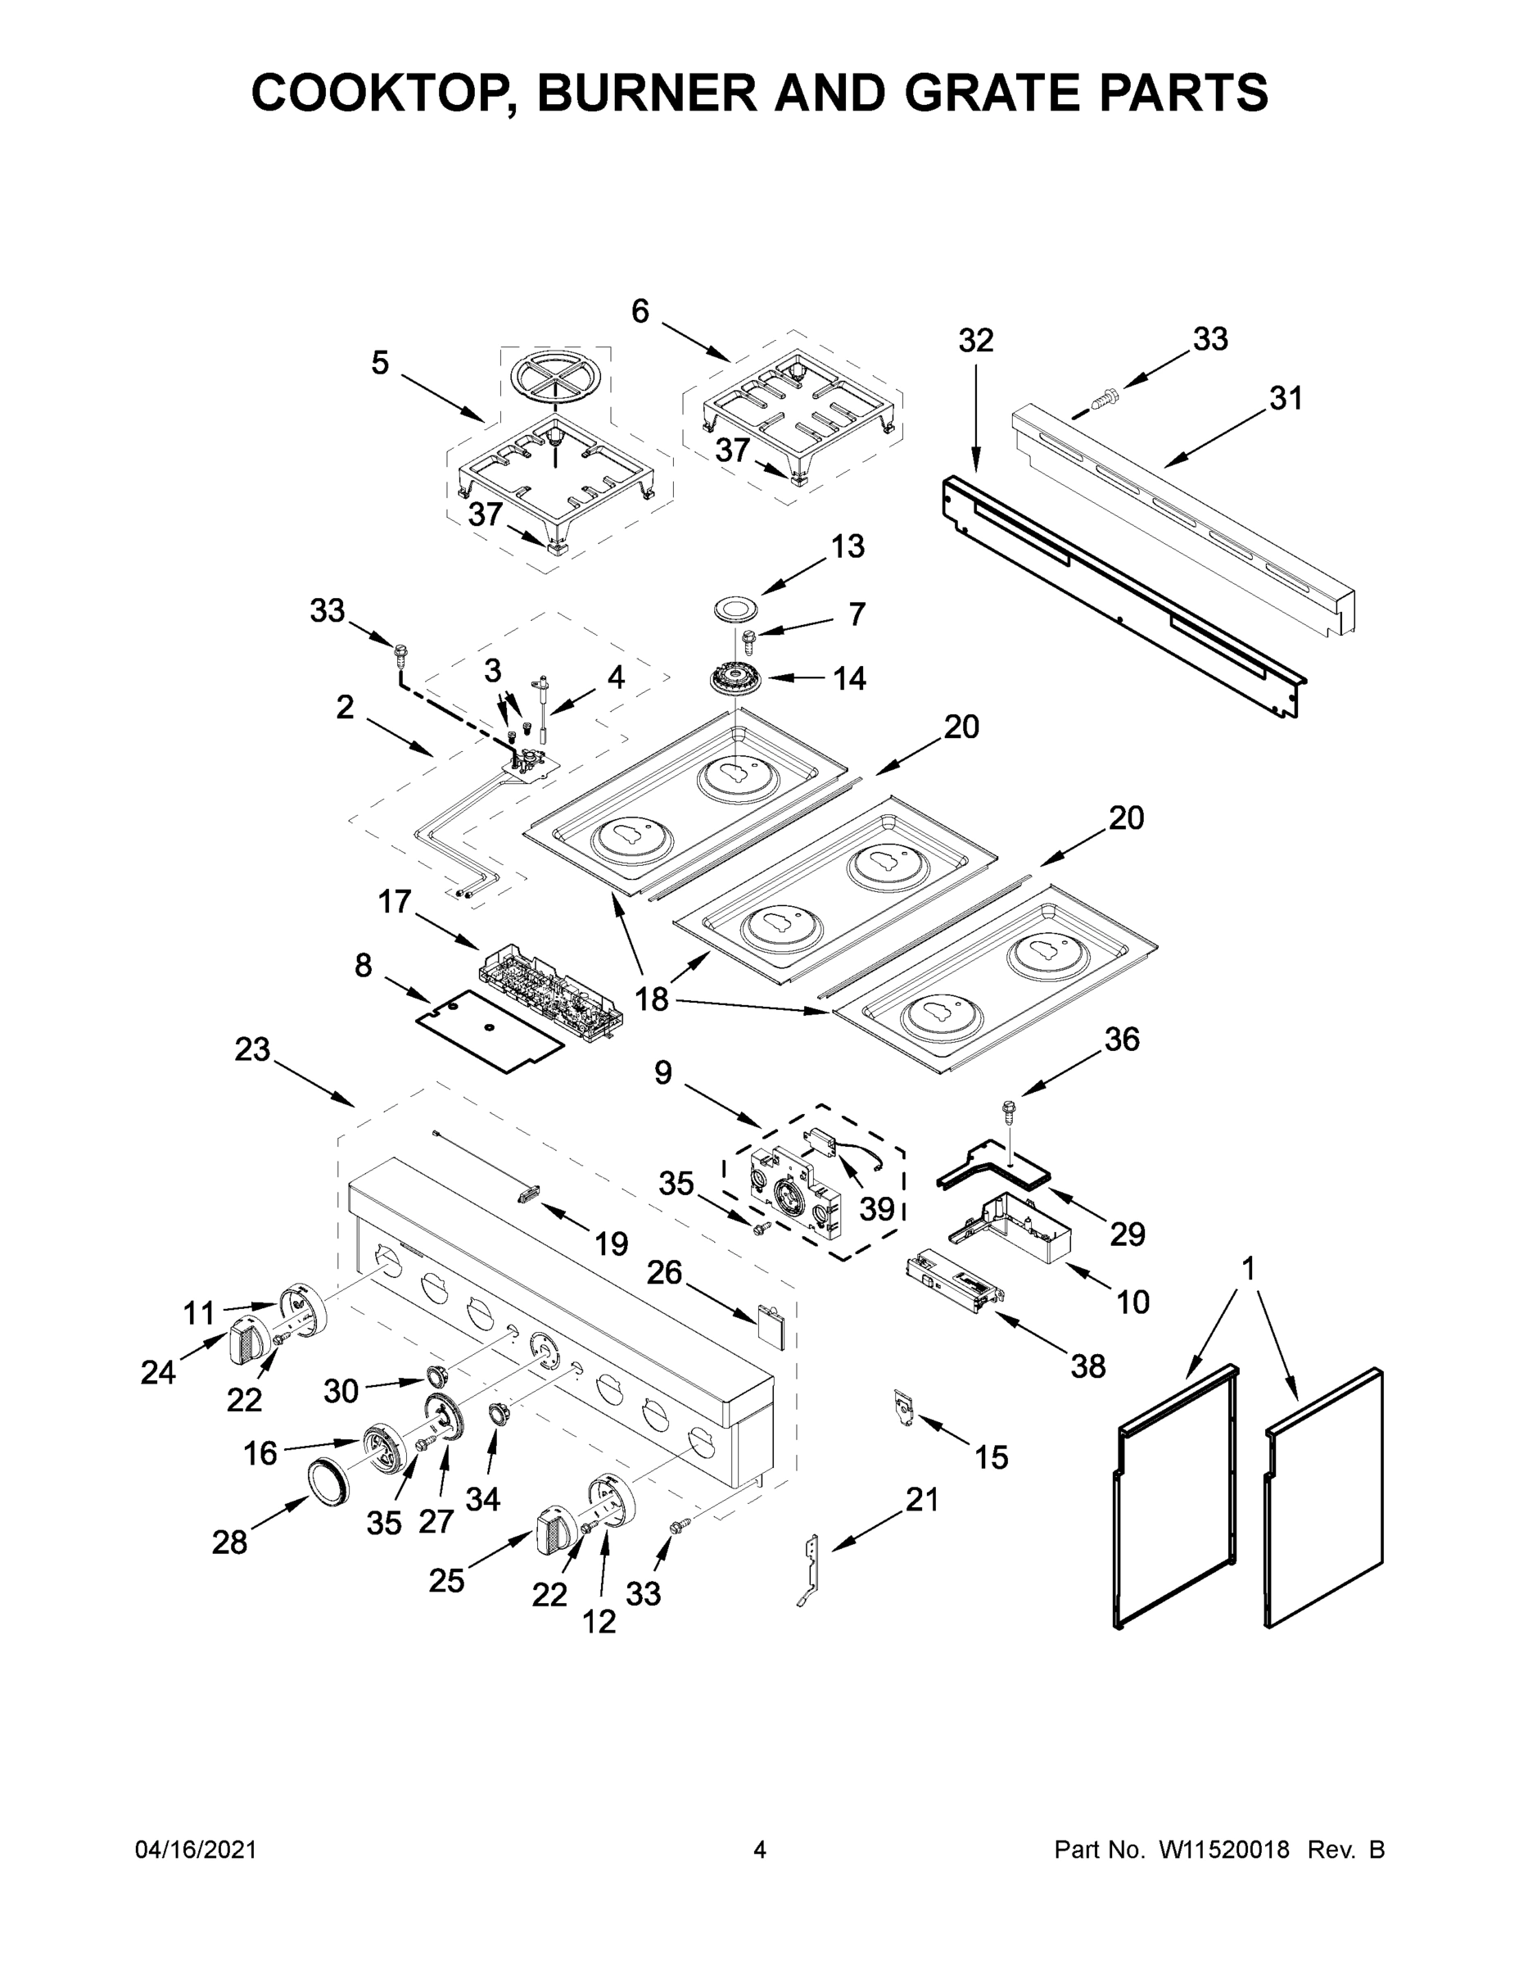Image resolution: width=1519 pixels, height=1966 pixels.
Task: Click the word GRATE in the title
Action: pos(986,93)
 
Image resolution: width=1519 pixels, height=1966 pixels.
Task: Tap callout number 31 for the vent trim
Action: pos(1285,398)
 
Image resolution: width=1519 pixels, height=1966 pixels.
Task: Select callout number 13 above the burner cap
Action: pos(847,546)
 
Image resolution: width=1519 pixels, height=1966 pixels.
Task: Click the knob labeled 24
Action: pos(246,1345)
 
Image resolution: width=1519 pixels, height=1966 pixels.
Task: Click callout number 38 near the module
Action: pos(1087,1366)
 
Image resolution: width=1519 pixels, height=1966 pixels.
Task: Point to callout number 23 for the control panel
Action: pos(252,1049)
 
